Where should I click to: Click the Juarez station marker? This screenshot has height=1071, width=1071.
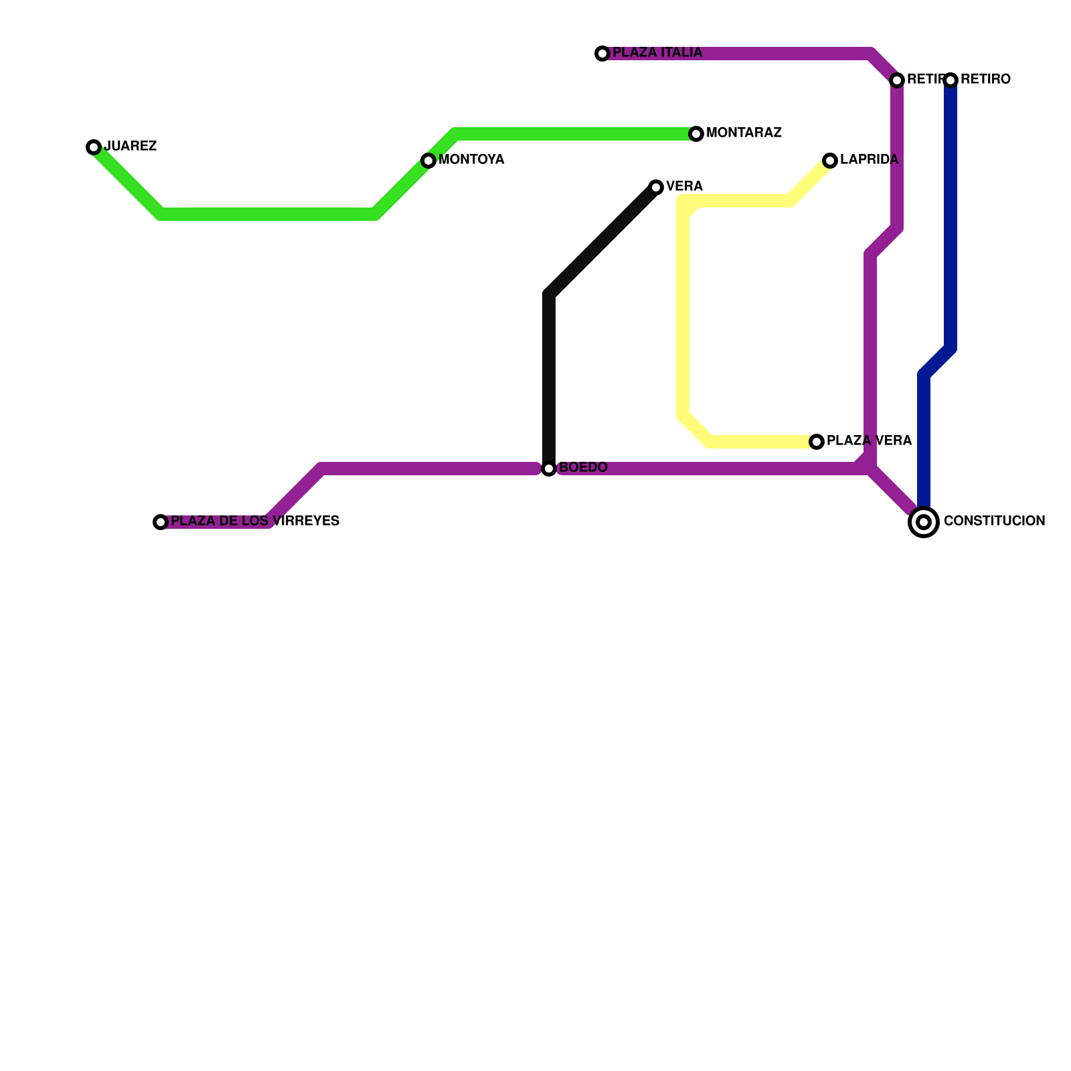(x=94, y=147)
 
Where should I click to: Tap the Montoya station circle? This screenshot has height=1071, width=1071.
(x=428, y=161)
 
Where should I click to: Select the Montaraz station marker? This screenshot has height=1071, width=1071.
(x=696, y=134)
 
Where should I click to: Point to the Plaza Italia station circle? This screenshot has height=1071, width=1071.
(x=602, y=54)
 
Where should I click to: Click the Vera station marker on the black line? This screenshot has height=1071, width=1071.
(x=656, y=187)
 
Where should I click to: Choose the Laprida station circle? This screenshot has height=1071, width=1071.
(x=830, y=161)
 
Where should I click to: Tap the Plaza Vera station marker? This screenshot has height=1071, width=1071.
(x=817, y=442)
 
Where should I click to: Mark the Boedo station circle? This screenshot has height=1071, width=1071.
(x=549, y=469)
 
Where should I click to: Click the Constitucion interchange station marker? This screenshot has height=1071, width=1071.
(x=924, y=522)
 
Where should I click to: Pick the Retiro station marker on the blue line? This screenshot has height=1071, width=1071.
(x=951, y=80)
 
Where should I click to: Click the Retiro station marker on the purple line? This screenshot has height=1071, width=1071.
(x=897, y=80)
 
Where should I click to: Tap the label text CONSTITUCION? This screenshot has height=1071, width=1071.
(x=994, y=521)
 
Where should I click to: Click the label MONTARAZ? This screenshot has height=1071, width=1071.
(x=744, y=133)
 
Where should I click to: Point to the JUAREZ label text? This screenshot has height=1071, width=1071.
(x=131, y=147)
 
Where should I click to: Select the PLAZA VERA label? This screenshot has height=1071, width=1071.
(x=869, y=441)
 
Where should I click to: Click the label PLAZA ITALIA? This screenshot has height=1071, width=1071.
(x=657, y=53)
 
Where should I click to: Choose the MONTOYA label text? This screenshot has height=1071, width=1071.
(x=471, y=160)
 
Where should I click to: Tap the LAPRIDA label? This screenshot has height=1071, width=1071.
(x=869, y=160)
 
